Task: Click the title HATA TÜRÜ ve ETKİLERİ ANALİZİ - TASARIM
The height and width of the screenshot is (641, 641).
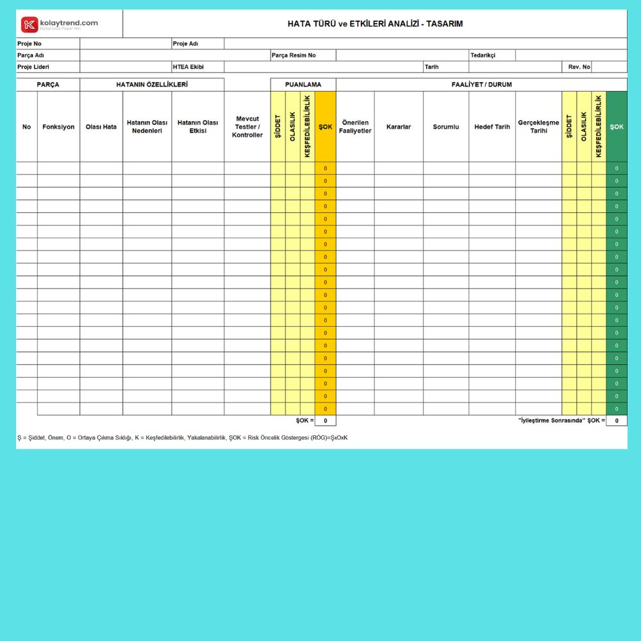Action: pyautogui.click(x=375, y=24)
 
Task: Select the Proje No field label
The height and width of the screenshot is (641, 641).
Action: pyautogui.click(x=29, y=44)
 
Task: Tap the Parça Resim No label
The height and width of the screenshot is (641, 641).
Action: pyautogui.click(x=294, y=55)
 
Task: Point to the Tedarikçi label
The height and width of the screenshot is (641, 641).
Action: pyautogui.click(x=483, y=55)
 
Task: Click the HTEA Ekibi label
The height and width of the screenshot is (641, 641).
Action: pyautogui.click(x=188, y=67)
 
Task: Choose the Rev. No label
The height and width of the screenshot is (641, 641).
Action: pyautogui.click(x=579, y=67)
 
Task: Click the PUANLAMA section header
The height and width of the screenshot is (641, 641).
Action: pyautogui.click(x=303, y=85)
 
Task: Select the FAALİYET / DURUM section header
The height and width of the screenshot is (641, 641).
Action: pyautogui.click(x=481, y=85)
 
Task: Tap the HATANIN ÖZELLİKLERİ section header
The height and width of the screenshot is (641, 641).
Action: pyautogui.click(x=152, y=85)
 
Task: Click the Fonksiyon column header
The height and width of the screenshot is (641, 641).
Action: pyautogui.click(x=58, y=127)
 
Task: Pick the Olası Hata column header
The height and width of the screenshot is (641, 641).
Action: pyautogui.click(x=101, y=127)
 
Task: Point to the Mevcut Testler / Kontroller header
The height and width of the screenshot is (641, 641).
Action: pyautogui.click(x=247, y=127)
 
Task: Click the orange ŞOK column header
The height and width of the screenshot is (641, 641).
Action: pyautogui.click(x=326, y=127)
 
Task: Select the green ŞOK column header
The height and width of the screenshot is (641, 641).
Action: pyautogui.click(x=617, y=127)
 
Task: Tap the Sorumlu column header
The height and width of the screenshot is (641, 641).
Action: pyautogui.click(x=445, y=127)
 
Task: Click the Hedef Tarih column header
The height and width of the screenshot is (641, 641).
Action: pyautogui.click(x=492, y=127)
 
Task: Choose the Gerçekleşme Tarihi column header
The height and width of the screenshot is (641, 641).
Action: pyautogui.click(x=538, y=127)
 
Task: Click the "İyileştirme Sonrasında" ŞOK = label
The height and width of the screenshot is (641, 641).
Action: pyautogui.click(x=561, y=420)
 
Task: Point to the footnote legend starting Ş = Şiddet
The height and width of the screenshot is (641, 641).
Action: pyautogui.click(x=183, y=438)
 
